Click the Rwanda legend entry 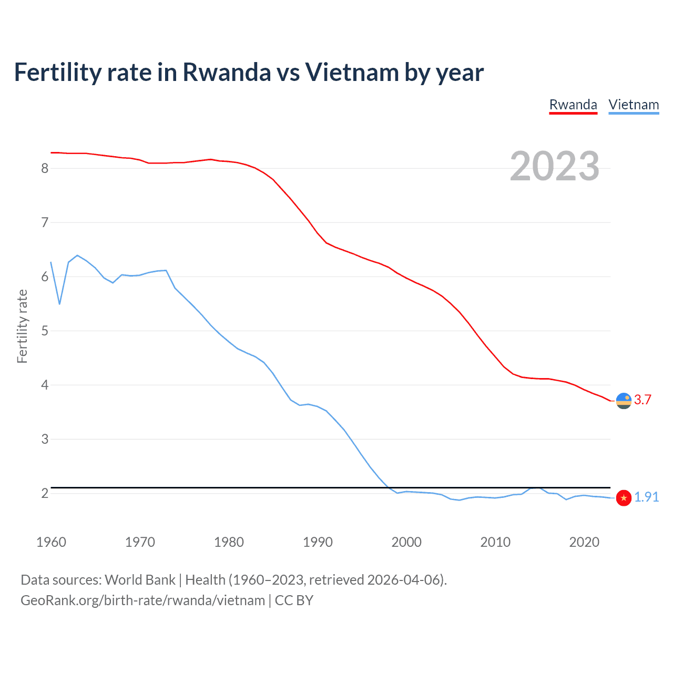coord(573,105)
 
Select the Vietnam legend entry coord(634,105)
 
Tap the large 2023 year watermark coord(554,166)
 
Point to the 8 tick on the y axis coord(45,168)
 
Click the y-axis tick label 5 coord(45,331)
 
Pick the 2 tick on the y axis coord(45,493)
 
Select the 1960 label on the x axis coord(51,542)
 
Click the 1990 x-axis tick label coord(318,542)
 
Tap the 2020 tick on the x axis coord(584,542)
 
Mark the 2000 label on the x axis coord(406,542)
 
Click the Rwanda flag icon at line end coord(624,401)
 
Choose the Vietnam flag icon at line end coord(624,497)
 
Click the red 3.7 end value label coord(643,400)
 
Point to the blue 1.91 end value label coord(646,497)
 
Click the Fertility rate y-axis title coord(22,326)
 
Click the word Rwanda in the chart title coord(226,72)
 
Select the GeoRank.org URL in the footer coord(142,600)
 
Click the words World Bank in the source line coord(140,579)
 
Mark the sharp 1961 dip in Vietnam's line coord(60,303)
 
